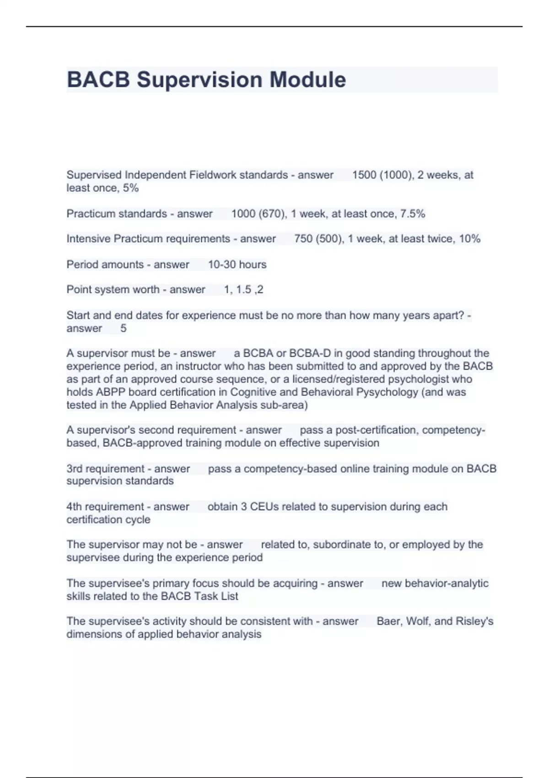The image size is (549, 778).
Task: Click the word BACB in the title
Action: click(98, 80)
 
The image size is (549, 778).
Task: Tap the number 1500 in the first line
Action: click(364, 175)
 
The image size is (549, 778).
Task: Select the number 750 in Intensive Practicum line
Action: click(303, 239)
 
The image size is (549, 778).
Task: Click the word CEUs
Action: click(264, 507)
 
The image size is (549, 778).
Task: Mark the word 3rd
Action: click(75, 469)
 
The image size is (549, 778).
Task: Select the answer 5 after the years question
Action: click(123, 329)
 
